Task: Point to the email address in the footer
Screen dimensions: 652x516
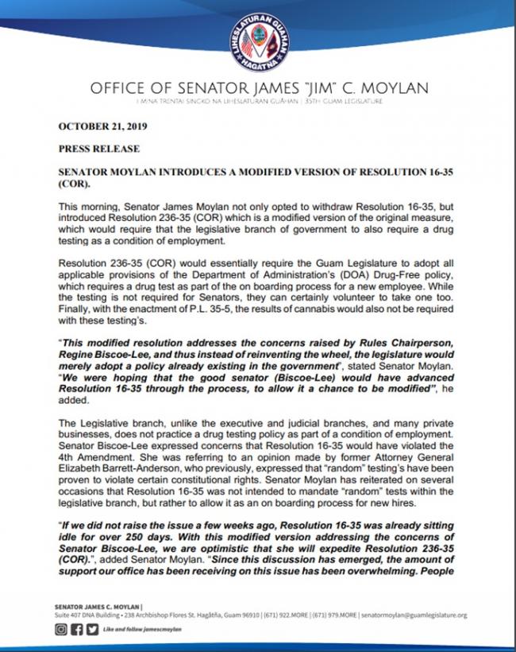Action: point(413,615)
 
